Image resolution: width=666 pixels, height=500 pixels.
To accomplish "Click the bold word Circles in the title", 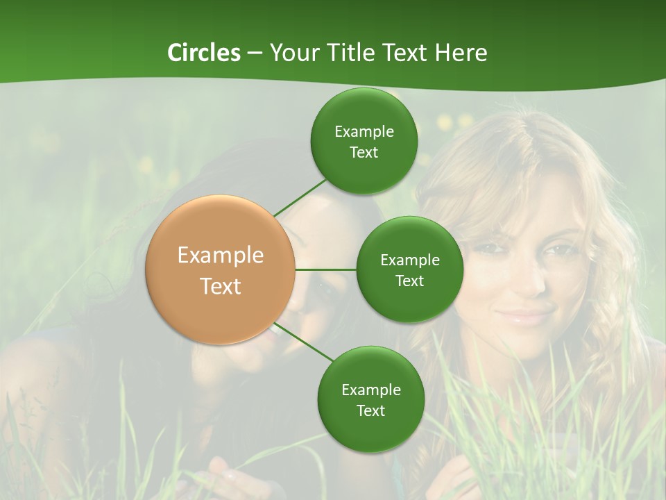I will point(203,53).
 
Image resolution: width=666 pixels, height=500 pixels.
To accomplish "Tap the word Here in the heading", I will point(461,53).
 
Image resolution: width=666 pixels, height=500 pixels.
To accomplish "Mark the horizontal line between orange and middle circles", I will point(325,269).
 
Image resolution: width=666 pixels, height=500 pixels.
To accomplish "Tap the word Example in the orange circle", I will point(221,256).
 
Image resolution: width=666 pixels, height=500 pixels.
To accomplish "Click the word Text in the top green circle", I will point(364,153).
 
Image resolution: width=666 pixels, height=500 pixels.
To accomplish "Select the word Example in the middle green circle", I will point(409,260).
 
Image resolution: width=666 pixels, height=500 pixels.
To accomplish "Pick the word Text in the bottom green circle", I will point(370,411).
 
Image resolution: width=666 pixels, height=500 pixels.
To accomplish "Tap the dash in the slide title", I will point(254,53).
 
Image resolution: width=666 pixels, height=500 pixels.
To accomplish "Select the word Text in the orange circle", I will point(221,286).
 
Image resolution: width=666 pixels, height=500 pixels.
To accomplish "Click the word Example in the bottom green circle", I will point(370,390).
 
